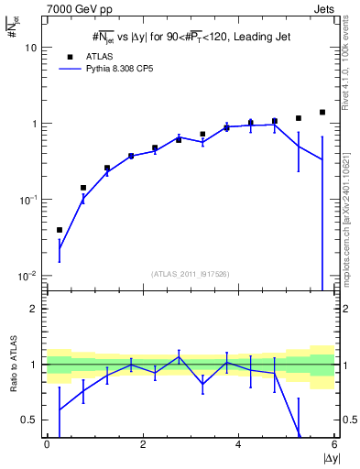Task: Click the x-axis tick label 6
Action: [334, 444]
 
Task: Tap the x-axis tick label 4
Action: [238, 444]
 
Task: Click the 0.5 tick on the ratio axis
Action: [29, 420]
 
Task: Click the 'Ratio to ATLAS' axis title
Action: [14, 363]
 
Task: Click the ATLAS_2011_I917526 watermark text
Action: [191, 274]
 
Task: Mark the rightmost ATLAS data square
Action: [322, 113]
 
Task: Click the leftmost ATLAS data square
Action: [60, 230]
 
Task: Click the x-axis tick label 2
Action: [143, 444]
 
